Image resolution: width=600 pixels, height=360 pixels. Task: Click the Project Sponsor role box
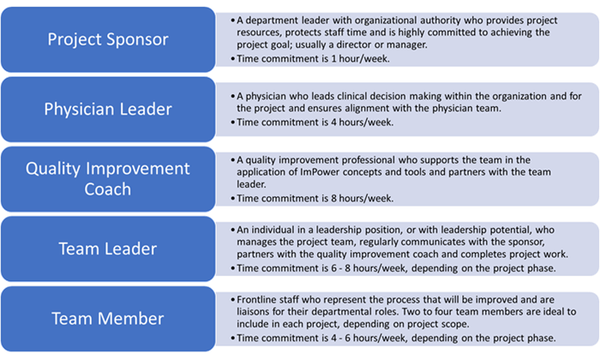click(x=108, y=39)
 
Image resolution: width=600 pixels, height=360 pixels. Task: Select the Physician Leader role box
click(x=108, y=108)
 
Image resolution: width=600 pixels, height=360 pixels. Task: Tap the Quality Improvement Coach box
click(x=108, y=178)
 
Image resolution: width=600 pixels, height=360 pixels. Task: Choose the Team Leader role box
click(x=108, y=249)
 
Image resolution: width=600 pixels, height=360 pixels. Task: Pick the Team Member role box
click(x=108, y=319)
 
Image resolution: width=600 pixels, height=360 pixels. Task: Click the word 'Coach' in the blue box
click(x=108, y=189)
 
